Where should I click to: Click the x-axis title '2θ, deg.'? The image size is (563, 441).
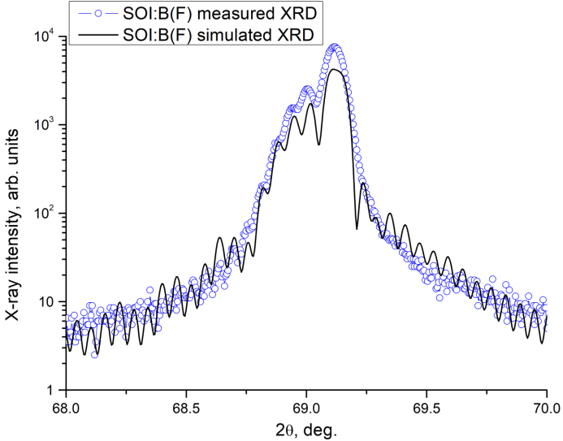tap(306, 427)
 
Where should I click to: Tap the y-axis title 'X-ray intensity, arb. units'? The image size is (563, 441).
tap(15, 213)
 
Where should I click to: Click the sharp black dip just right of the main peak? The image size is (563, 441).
tap(357, 228)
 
